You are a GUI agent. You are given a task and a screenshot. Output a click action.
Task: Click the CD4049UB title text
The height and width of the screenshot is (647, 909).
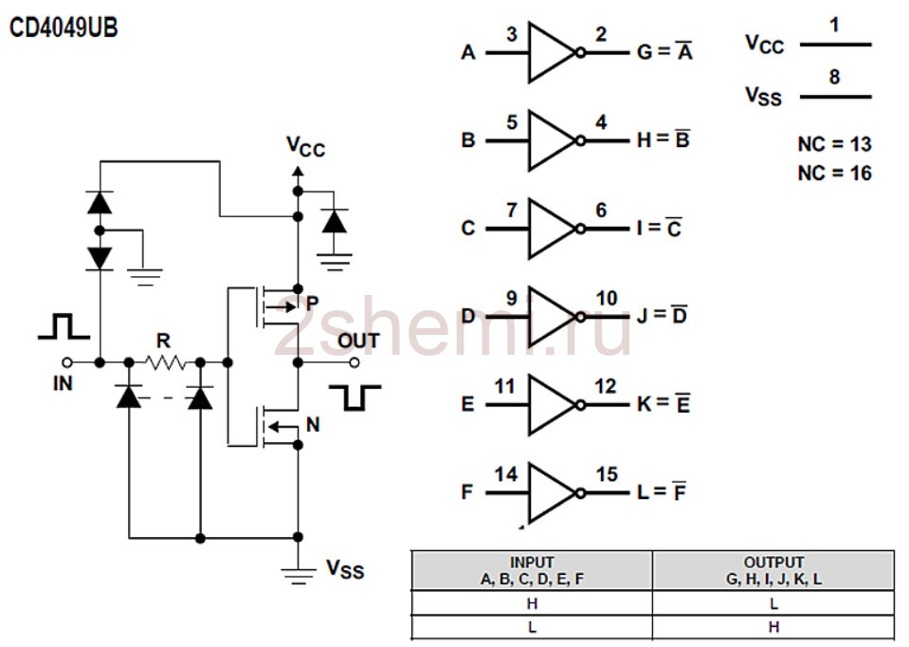pos(64,28)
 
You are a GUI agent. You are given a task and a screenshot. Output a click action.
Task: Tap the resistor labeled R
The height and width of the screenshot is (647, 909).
pos(165,363)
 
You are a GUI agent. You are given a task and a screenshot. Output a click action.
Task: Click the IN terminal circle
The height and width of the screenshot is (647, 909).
pos(67,362)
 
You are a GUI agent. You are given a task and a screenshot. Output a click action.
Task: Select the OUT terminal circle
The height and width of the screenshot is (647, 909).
pos(355,362)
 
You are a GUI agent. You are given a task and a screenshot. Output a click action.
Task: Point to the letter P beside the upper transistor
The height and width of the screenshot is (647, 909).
pos(313,303)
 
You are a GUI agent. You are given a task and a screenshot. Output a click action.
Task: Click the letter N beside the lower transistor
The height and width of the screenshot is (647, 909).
pos(313,425)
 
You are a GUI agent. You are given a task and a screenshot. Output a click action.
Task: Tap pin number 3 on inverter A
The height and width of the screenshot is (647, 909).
pos(511,34)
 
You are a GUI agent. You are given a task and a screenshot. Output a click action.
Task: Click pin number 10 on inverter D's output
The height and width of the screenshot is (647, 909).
pos(607,298)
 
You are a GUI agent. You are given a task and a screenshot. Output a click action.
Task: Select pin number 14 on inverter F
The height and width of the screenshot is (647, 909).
pos(505,474)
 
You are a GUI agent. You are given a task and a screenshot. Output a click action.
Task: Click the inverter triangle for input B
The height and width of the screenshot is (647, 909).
pos(552,140)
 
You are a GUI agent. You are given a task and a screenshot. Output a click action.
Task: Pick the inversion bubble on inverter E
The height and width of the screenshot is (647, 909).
pos(580,404)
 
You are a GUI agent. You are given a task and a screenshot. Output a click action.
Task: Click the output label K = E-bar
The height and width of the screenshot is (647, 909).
pos(664,403)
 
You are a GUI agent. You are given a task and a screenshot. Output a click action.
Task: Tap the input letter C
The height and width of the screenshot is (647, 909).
pos(468,228)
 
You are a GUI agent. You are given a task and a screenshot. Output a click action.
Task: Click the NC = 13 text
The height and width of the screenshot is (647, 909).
pos(834,144)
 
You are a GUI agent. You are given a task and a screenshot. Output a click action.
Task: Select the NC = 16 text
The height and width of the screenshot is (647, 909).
pos(834,173)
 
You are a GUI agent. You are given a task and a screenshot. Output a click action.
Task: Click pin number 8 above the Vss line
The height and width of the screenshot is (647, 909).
pos(834,77)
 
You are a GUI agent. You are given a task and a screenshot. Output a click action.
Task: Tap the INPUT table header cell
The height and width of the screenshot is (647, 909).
pos(532,570)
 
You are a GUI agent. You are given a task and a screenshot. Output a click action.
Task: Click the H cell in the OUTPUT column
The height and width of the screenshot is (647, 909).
pos(773,627)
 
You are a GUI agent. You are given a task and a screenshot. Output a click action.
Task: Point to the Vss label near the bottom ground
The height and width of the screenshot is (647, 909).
pos(345,568)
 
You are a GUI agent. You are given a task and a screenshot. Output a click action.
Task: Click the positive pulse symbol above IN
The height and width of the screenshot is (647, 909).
pos(64,325)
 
